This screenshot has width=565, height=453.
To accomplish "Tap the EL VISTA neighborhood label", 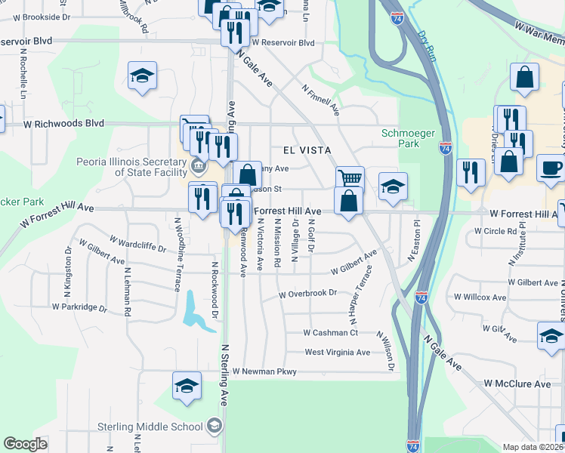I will click(x=307, y=150).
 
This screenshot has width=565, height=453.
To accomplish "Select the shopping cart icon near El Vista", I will click(x=350, y=179).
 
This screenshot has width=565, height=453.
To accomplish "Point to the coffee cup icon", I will click(x=551, y=167).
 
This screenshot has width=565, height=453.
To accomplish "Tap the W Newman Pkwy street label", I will click(x=264, y=371).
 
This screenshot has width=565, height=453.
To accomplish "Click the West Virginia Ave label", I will click(x=337, y=352).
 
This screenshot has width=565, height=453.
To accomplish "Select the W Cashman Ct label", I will click(x=329, y=332).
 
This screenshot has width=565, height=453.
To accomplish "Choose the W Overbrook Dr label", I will click(x=307, y=294).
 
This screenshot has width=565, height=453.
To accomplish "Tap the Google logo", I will click(x=25, y=444).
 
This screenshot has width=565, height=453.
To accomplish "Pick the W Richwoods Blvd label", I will click(x=63, y=122).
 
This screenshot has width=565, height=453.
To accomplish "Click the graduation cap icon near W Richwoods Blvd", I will click(x=142, y=76).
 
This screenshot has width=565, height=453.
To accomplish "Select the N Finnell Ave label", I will click(x=320, y=99).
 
